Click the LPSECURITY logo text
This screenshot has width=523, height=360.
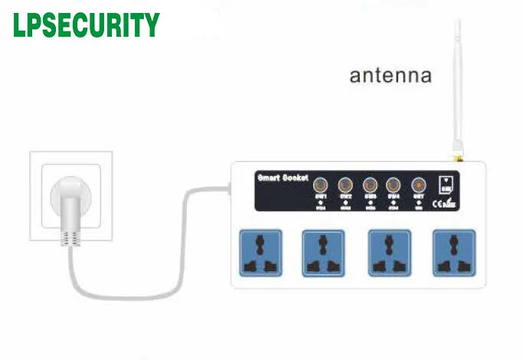[x=86, y=25]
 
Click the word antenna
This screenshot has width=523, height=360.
[x=391, y=76]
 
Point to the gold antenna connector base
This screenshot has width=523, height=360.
[x=458, y=156]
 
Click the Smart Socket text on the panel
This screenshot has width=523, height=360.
[x=282, y=178]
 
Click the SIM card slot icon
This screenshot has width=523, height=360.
[x=444, y=186]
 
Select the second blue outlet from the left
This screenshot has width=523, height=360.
[x=324, y=251]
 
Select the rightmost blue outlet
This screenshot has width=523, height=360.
[x=453, y=251]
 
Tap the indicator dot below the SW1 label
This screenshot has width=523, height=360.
[x=321, y=202]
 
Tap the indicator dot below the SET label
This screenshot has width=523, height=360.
[x=419, y=202]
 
